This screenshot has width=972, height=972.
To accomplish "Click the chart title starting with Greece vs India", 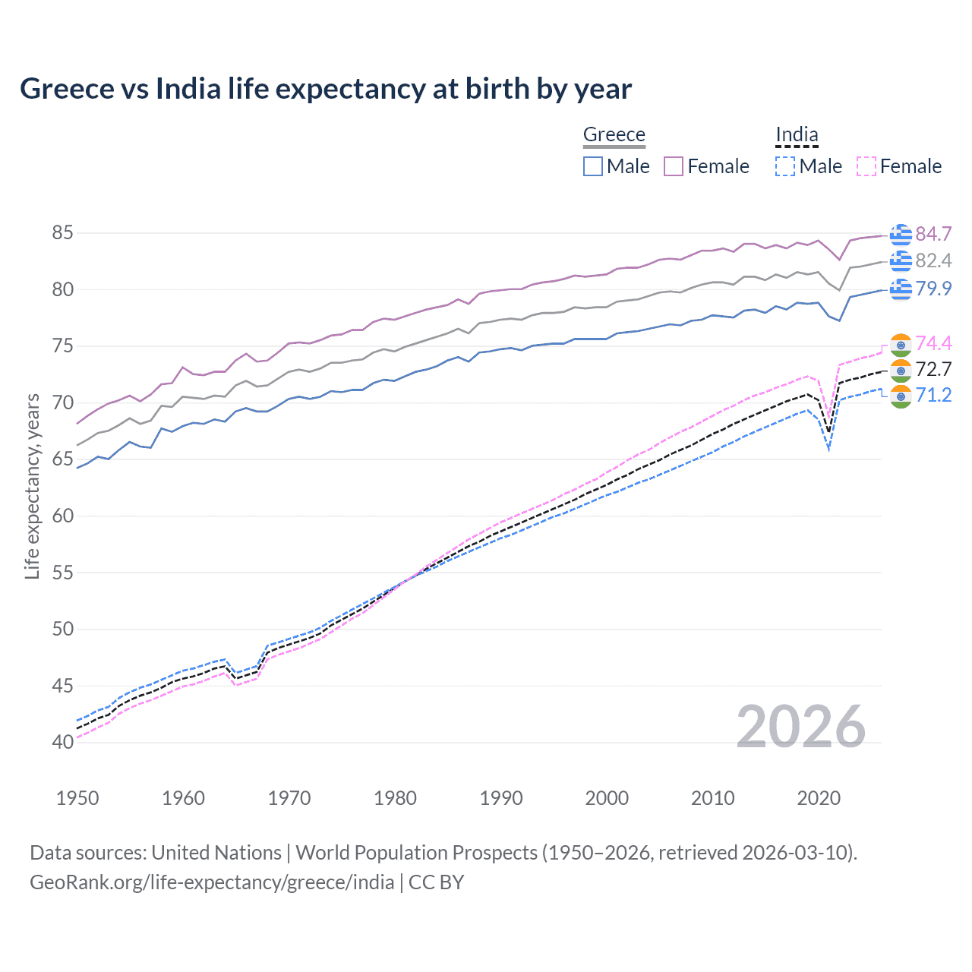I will click(326, 89).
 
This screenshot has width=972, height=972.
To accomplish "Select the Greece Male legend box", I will click(593, 166).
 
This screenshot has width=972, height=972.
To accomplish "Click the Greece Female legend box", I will click(674, 166).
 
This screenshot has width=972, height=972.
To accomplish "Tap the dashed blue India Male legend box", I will click(785, 166).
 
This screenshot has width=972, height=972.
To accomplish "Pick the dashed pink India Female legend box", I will click(866, 166).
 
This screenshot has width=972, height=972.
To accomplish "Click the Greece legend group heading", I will click(614, 134).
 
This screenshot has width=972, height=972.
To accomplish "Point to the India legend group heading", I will click(797, 134).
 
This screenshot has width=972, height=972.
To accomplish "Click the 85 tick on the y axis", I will click(62, 233).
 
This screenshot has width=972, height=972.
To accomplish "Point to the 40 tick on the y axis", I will click(62, 742).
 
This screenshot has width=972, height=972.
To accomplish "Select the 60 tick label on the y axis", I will click(62, 516).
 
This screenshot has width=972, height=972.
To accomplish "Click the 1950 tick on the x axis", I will click(77, 798).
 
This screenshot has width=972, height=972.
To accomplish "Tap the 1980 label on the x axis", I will click(395, 798).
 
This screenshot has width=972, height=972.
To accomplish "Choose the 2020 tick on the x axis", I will click(819, 798).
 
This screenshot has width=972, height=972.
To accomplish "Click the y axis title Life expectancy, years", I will click(32, 486).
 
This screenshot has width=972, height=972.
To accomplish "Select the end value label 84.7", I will click(933, 234).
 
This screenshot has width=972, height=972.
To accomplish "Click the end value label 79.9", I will click(933, 289).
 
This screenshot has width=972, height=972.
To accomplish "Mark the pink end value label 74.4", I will click(933, 343).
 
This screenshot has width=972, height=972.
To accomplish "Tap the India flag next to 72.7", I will click(901, 370).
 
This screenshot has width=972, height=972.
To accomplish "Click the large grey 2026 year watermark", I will click(801, 727).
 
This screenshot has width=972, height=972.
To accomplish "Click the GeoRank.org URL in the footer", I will click(212, 882).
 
